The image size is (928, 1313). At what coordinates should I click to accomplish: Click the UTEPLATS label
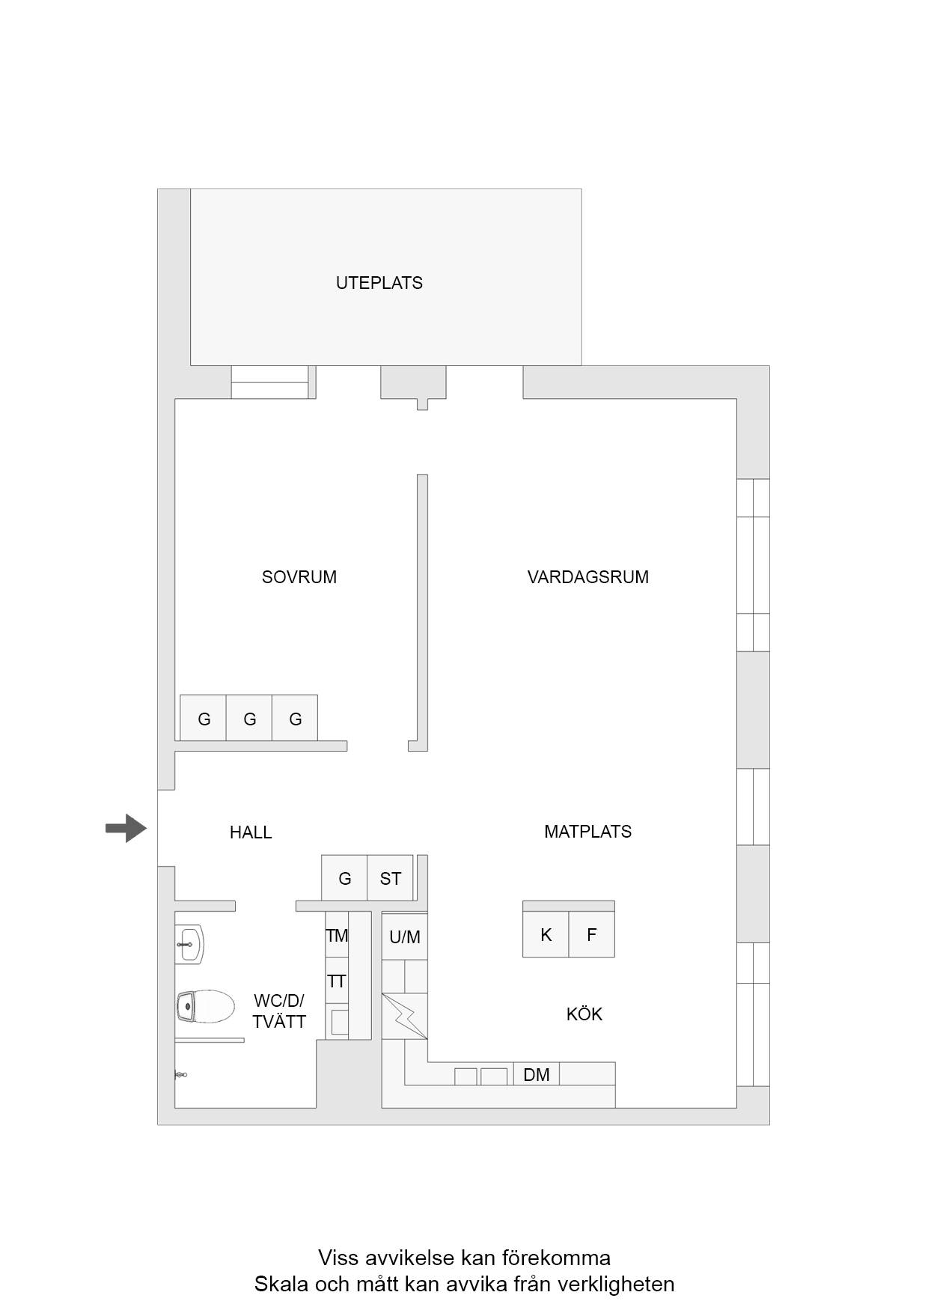click(x=379, y=283)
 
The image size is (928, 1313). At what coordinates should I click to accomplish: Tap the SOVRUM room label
click(x=299, y=577)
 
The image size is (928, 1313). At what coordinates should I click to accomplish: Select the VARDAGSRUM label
click(x=588, y=577)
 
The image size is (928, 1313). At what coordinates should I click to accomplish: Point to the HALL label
click(x=251, y=832)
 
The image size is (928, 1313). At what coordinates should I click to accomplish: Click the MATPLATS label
click(x=588, y=832)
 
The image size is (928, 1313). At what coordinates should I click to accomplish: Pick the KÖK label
click(x=584, y=1014)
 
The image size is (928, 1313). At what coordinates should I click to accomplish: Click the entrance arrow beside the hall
click(x=126, y=828)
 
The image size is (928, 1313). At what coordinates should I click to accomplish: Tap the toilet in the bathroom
click(x=205, y=1007)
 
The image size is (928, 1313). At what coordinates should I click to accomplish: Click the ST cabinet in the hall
click(x=390, y=878)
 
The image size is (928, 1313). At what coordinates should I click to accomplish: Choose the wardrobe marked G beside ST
click(x=344, y=878)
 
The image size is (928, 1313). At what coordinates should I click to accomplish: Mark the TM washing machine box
click(x=338, y=935)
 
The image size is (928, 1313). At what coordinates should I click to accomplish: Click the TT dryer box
click(x=338, y=981)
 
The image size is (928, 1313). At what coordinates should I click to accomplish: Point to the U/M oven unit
click(x=405, y=936)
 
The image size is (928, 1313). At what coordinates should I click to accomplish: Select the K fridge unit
click(x=546, y=934)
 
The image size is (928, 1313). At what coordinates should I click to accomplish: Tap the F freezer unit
click(x=592, y=934)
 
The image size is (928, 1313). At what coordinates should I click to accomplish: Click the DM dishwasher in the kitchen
click(x=537, y=1074)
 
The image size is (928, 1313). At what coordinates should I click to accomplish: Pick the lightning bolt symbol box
click(x=405, y=1016)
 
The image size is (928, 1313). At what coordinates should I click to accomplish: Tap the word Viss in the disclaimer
click(x=337, y=1258)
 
